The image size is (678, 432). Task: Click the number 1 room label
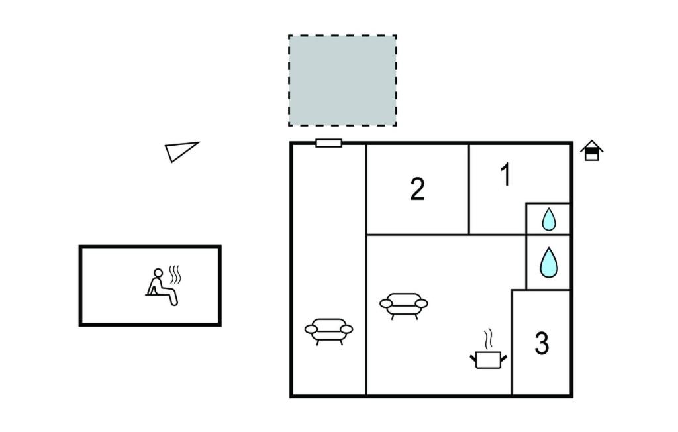(x=505, y=174)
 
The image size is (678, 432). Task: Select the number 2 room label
(x=417, y=189)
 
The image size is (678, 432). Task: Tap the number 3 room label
(x=542, y=343)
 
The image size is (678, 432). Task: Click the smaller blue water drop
(x=549, y=219)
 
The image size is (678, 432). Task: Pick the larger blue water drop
(x=549, y=263)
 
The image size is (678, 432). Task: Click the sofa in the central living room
(x=404, y=305)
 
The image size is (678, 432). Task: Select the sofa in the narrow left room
(x=328, y=331)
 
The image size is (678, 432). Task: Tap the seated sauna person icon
(x=162, y=288)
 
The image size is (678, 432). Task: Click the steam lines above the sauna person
(x=175, y=274)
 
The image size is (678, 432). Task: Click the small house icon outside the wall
(x=591, y=150)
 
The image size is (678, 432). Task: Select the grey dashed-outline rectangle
(x=342, y=81)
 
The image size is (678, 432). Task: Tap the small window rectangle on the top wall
(x=328, y=143)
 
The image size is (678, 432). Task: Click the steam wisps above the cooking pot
(x=488, y=339)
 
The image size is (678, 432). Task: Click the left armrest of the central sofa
(x=386, y=303)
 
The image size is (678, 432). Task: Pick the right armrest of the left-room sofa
(x=346, y=329)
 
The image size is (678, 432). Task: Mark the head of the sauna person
(x=159, y=273)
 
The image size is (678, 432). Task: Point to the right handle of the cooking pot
(x=503, y=358)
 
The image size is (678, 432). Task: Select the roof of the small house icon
(x=591, y=146)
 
